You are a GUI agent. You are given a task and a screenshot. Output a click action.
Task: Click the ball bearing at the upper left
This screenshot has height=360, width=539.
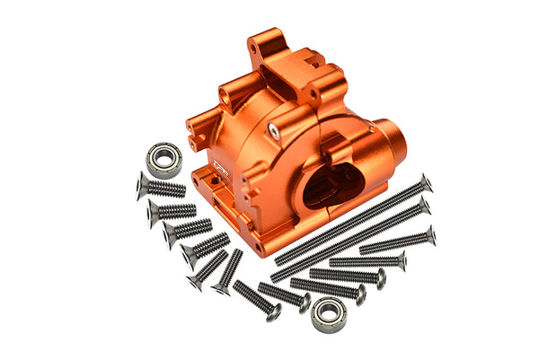tap(165, 158)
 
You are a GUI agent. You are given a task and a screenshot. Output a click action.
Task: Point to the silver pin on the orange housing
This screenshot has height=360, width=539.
tap(274, 128)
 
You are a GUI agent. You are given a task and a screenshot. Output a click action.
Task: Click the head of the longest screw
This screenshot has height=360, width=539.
tap(425, 182)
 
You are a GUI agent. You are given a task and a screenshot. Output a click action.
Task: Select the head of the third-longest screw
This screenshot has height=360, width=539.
tap(429, 235)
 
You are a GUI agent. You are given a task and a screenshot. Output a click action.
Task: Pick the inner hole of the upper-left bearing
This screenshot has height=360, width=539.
tap(164, 159)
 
